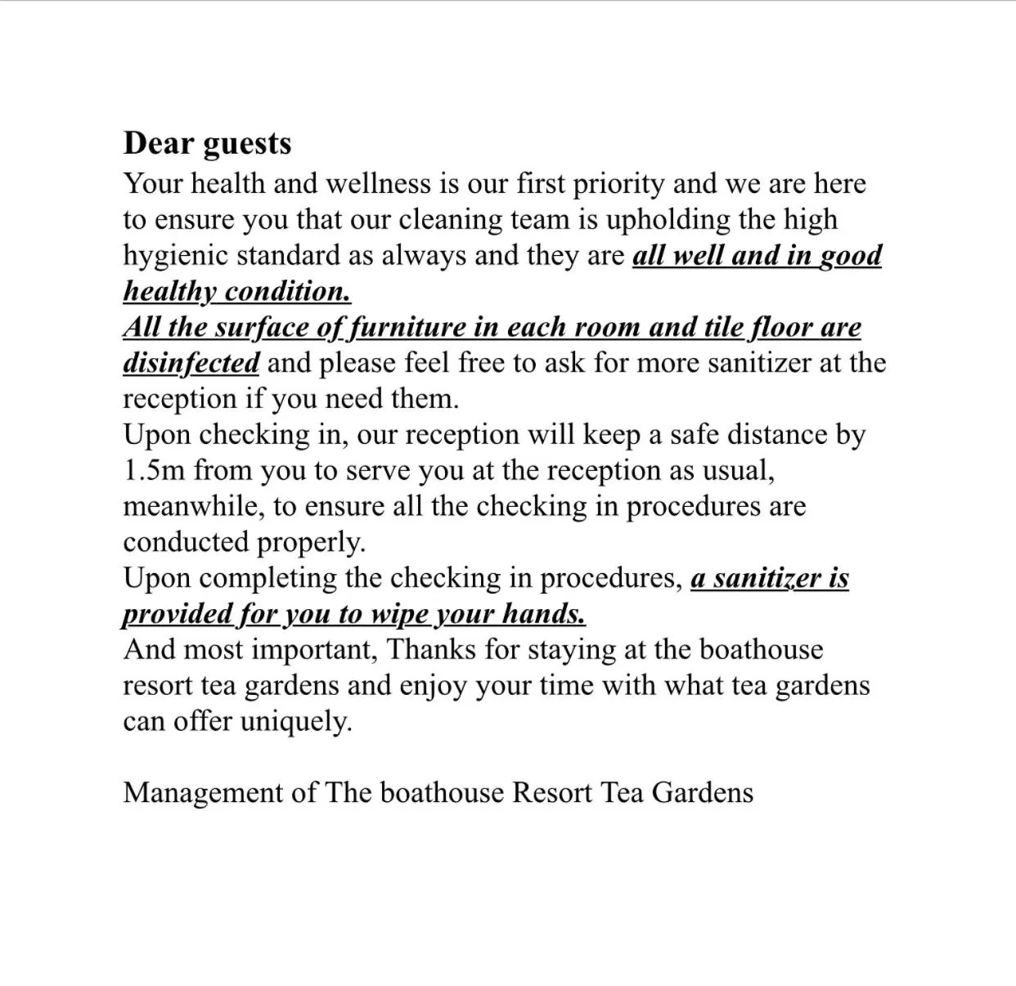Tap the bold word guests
(x=246, y=145)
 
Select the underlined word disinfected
(x=191, y=362)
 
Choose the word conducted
(x=186, y=542)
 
